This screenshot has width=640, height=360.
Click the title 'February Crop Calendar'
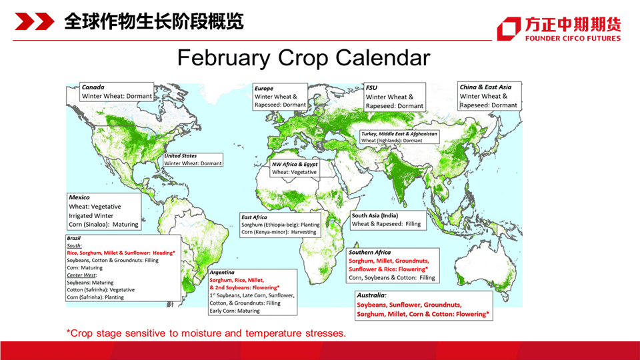coord(303,57)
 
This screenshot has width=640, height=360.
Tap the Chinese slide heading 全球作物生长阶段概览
coord(154,21)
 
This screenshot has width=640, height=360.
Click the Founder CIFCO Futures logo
coord(559,29)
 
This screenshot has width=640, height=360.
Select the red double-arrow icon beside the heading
coord(34,21)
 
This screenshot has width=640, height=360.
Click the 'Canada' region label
coord(93,87)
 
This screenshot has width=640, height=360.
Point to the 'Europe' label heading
coord(264,88)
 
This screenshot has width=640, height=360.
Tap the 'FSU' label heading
coord(371,88)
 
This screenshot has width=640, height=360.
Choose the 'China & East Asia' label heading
coord(485,87)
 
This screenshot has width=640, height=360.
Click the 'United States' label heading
coord(181,156)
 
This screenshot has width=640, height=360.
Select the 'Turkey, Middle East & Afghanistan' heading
coord(399,134)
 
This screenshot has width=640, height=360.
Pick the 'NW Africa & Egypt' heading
coord(295,164)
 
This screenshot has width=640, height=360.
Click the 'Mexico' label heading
coord(79,197)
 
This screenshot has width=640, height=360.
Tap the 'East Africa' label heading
coord(254,217)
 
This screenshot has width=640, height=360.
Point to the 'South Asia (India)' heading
coord(375,215)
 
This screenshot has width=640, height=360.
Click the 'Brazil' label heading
coord(74,239)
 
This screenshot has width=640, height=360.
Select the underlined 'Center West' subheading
coord(81,275)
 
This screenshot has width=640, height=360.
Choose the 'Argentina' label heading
coord(222,272)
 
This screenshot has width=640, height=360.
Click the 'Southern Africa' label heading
coord(369,252)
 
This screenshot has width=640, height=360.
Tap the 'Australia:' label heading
coord(371,295)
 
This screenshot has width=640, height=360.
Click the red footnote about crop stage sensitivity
coord(206,333)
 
